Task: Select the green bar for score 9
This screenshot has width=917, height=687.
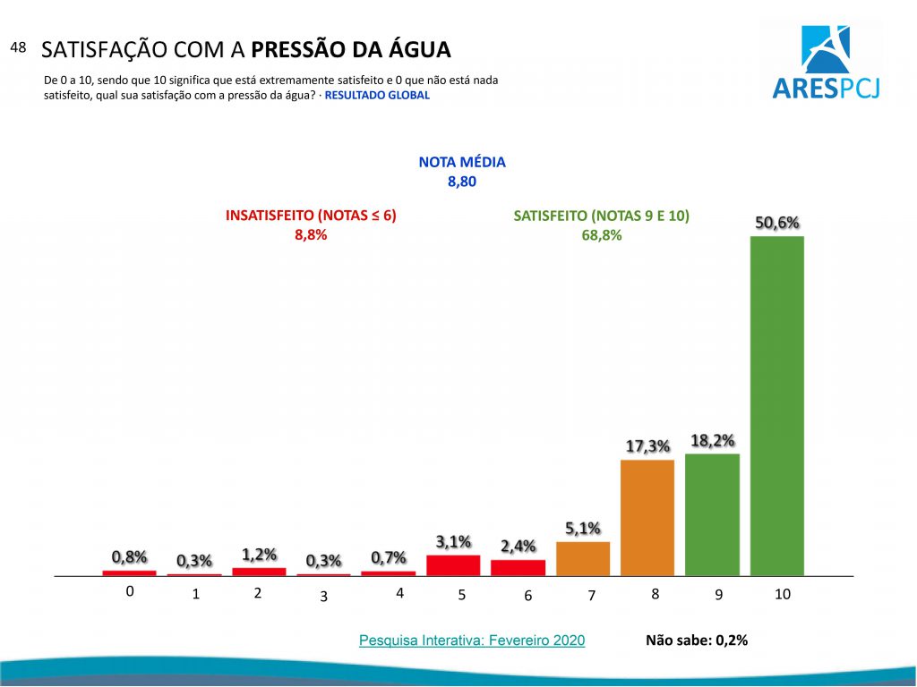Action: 712,514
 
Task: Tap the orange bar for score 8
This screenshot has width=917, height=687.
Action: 647,517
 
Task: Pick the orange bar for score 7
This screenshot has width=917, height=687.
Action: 583,558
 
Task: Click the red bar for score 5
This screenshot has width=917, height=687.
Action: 453,565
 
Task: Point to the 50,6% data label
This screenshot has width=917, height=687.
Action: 777,223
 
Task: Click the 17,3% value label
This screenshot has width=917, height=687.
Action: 647,445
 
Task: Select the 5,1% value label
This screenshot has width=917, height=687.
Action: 582,528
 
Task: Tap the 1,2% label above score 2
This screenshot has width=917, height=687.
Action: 259,554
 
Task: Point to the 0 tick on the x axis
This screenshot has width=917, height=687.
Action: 130,591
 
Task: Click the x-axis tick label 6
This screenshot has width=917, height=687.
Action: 528,597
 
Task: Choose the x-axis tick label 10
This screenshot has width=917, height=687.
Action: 783,594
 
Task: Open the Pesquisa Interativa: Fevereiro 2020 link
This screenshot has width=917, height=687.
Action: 472,640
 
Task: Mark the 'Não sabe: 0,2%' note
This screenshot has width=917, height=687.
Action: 696,640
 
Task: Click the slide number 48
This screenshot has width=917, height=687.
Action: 18,47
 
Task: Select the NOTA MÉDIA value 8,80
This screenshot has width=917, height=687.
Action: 462,182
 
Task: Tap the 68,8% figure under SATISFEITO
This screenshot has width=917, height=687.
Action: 601,235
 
